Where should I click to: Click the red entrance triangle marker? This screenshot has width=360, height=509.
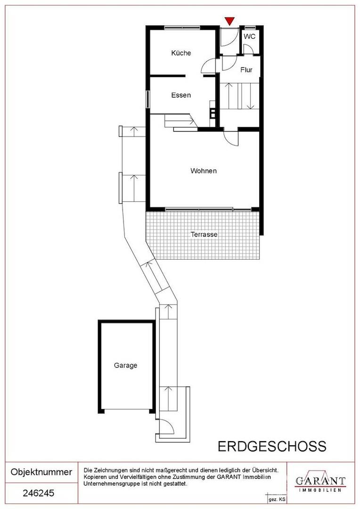tap(230, 21)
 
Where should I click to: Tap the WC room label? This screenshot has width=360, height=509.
tap(249, 36)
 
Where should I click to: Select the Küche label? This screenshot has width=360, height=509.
tap(181, 53)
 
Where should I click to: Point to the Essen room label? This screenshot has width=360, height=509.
tap(181, 95)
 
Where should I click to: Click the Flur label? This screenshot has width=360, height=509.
tap(246, 70)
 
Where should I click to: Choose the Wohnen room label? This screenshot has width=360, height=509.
tap(204, 171)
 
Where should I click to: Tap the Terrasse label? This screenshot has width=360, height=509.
tap(204, 234)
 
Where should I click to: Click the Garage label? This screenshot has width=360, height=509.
tap(126, 366)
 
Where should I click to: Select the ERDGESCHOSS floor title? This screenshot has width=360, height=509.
tap(272, 447)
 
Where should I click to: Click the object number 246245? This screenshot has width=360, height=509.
tap(39, 493)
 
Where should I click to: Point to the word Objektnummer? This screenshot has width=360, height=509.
tap(41, 472)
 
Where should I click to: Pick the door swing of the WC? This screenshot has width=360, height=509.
tap(249, 49)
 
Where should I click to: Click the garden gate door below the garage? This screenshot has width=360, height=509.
tap(166, 426)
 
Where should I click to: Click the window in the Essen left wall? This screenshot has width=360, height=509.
tap(148, 99)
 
